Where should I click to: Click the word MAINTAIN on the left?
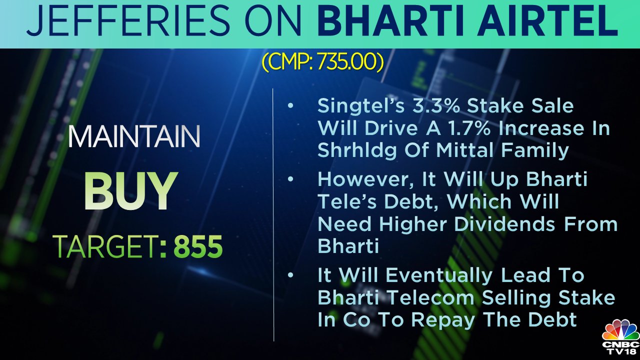pos(134,137)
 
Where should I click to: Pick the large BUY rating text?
pos(130,191)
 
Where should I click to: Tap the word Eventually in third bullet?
pos(464,275)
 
